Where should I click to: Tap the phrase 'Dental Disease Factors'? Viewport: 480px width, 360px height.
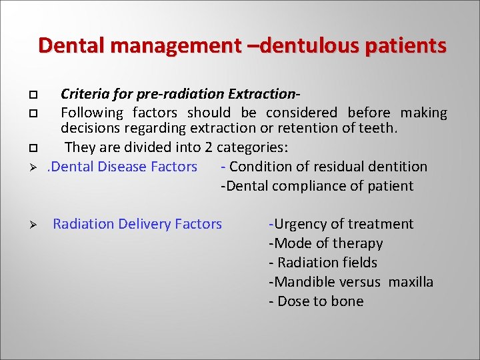click(124, 167)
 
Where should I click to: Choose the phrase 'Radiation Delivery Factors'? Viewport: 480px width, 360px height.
click(137, 224)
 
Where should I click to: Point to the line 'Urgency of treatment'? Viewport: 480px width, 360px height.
click(341, 224)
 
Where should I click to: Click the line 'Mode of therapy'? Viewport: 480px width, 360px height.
click(326, 243)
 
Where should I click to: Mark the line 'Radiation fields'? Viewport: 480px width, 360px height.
click(323, 263)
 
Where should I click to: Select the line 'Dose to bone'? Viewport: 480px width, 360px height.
click(317, 301)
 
